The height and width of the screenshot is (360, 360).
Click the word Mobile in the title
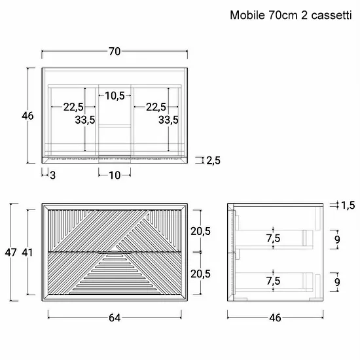tap(247, 16)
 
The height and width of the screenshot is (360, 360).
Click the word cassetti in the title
tap(331, 16)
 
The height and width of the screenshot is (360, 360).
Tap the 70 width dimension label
tap(115, 52)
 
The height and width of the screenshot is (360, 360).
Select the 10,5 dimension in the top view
tap(115, 96)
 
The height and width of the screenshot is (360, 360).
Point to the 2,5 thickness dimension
tap(213, 160)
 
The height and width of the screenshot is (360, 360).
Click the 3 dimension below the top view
tap(52, 175)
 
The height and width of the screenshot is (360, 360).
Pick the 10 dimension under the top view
tap(115, 175)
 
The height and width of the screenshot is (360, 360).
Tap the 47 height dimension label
tap(10, 252)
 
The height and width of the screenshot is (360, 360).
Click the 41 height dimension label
tap(27, 252)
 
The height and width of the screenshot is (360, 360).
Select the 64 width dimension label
tap(115, 317)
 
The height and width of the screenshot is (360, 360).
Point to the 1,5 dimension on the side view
tap(348, 206)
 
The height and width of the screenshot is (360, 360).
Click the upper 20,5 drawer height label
tap(200, 231)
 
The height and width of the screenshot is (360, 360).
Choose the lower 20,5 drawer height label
tap(200, 274)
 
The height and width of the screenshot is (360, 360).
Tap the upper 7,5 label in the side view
tap(273, 238)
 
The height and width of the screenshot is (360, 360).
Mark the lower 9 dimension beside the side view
tap(337, 282)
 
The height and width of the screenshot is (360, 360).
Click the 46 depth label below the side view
tap(275, 317)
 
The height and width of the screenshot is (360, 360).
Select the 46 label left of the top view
tap(27, 116)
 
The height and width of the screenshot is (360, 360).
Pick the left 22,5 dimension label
tap(73, 107)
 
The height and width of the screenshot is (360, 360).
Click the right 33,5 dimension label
tap(168, 120)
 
